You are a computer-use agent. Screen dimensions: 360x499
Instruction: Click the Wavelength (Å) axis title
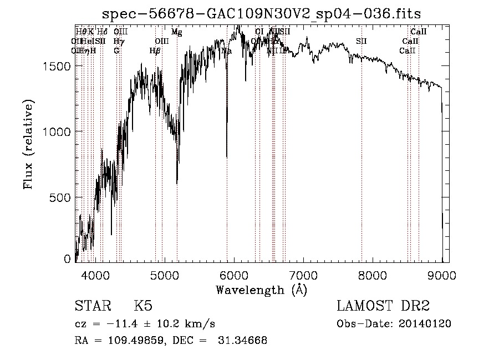pyautogui.click(x=261, y=290)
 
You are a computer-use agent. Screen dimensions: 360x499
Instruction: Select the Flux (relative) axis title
pyautogui.click(x=28, y=144)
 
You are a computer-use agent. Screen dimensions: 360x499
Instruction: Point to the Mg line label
pyautogui.click(x=176, y=32)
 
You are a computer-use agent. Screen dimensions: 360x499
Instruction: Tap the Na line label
pyautogui.click(x=226, y=51)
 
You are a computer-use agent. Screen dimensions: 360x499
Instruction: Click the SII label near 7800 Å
pyautogui.click(x=361, y=42)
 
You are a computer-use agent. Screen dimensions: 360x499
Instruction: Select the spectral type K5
pyautogui.click(x=143, y=307)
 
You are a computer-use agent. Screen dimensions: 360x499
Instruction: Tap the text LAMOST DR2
pyautogui.click(x=383, y=307)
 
